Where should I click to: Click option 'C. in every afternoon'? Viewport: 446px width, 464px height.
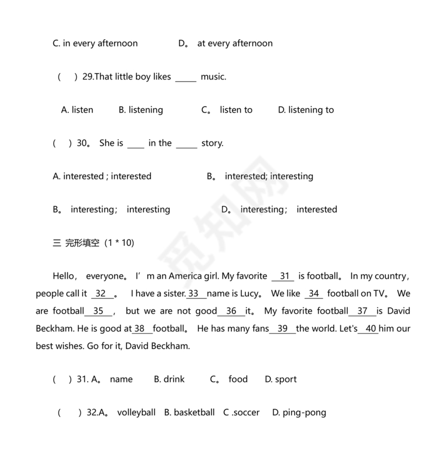pos(95,44)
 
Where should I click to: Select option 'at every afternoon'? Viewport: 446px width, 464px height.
pos(235,44)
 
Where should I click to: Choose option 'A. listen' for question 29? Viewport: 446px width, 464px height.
pos(77,110)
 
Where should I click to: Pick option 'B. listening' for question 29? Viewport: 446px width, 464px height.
pos(141,110)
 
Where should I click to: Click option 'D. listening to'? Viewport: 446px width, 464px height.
pos(306,110)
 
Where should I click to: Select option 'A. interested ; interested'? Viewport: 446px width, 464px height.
pos(102,176)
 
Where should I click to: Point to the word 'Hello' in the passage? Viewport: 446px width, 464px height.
pos(64,276)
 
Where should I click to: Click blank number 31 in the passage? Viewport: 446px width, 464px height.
pos(284,276)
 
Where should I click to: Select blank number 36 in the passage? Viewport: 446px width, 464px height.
pos(232,311)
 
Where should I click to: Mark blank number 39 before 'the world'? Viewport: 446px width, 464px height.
pos(283,329)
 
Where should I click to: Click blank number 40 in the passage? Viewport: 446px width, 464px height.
pos(370,329)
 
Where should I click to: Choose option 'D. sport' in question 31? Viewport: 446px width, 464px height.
pos(280,380)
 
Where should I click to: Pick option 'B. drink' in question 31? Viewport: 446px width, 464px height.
pos(169,380)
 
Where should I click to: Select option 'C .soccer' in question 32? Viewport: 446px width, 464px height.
pos(241,413)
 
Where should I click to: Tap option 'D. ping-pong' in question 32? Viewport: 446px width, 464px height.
pos(299,413)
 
